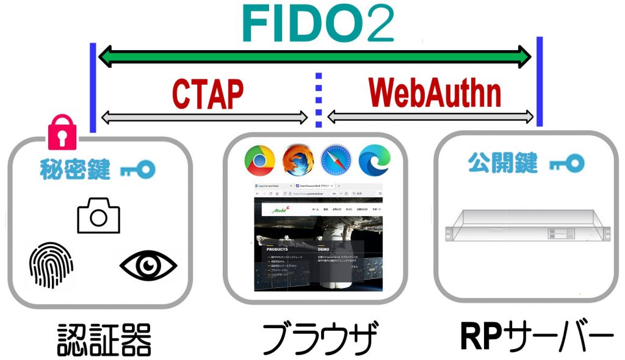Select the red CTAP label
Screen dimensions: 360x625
click(208, 93)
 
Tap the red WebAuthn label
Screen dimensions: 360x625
click(435, 93)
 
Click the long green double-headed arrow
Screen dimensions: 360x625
click(315, 57)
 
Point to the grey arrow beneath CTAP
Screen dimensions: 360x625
click(204, 117)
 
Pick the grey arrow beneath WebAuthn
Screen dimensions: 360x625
click(430, 117)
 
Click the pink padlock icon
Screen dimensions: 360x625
click(62, 132)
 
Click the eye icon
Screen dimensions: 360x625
click(148, 265)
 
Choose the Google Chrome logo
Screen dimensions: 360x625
click(259, 161)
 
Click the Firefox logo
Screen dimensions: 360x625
click(297, 161)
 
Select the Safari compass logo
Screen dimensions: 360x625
click(336, 161)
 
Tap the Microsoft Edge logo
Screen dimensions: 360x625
click(374, 161)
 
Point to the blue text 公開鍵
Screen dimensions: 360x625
click(502, 163)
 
